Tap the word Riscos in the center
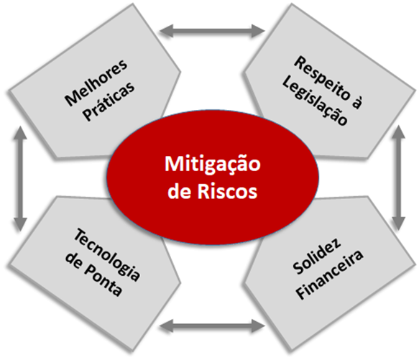point(227,191)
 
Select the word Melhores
point(96,83)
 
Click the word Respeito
point(322,78)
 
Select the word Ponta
point(103,281)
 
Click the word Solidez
point(317,256)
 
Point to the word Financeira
point(329,274)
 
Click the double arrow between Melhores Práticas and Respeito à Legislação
point(212,31)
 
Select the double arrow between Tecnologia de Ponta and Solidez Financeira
point(212,326)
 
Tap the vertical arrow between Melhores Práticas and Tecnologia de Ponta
point(20,178)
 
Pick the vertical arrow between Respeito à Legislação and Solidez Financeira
point(399,178)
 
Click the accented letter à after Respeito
point(356,102)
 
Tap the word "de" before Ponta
point(73,260)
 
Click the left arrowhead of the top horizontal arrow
point(166,31)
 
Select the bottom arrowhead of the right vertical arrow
point(399,224)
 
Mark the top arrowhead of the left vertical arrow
point(20,132)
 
